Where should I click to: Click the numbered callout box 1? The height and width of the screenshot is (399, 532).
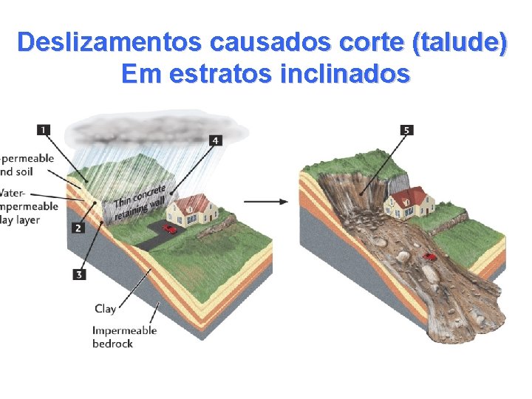click(44, 130)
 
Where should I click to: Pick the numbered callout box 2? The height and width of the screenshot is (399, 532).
click(78, 228)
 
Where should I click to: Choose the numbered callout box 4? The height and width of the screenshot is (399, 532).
click(215, 140)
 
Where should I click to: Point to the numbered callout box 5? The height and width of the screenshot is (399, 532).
click(406, 130)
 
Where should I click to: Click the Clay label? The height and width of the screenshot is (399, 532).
click(105, 308)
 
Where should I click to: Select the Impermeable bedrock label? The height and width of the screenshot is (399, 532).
click(124, 336)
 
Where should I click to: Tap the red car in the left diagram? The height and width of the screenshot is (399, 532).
click(170, 229)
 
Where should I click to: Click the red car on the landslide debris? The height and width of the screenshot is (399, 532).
click(429, 257)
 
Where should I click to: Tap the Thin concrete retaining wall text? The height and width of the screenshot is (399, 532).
click(140, 199)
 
